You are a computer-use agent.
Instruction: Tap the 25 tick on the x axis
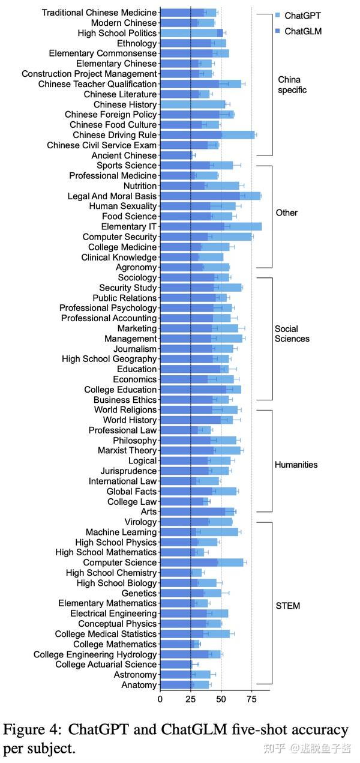[x=190, y=699]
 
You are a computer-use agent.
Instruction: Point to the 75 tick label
[x=251, y=699]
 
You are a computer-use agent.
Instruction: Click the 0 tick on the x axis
[x=160, y=699]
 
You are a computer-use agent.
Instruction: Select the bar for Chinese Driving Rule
[x=207, y=135]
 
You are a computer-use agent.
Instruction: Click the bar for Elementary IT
[x=210, y=226]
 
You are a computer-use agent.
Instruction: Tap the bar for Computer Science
[x=202, y=562]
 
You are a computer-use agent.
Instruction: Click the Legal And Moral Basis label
[x=112, y=196]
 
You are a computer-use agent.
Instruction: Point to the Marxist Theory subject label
[x=127, y=450]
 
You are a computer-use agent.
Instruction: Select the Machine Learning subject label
[x=121, y=532]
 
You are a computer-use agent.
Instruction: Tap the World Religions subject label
[x=125, y=410]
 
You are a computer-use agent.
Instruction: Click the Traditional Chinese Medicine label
[x=99, y=13]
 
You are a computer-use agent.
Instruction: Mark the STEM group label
[x=287, y=606]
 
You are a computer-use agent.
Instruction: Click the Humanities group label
[x=296, y=465]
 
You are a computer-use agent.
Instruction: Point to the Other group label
[x=286, y=213]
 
